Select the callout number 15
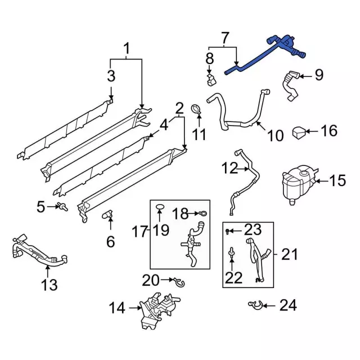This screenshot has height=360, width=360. pyautogui.click(x=337, y=181)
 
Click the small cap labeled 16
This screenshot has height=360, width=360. pyautogui.click(x=299, y=133)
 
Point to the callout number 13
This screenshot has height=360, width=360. pyautogui.click(x=49, y=285)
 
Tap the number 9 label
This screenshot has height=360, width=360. pyautogui.click(x=319, y=75)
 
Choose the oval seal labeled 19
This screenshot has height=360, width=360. pyautogui.click(x=160, y=209)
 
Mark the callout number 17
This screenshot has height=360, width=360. pyautogui.click(x=140, y=231)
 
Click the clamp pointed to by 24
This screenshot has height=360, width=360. pyautogui.click(x=256, y=305)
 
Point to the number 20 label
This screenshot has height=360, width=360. pyautogui.click(x=151, y=279)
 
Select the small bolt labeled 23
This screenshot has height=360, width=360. pyautogui.click(x=228, y=231)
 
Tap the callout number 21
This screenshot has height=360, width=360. pyautogui.click(x=289, y=255)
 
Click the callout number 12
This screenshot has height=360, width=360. pyautogui.click(x=229, y=168)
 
